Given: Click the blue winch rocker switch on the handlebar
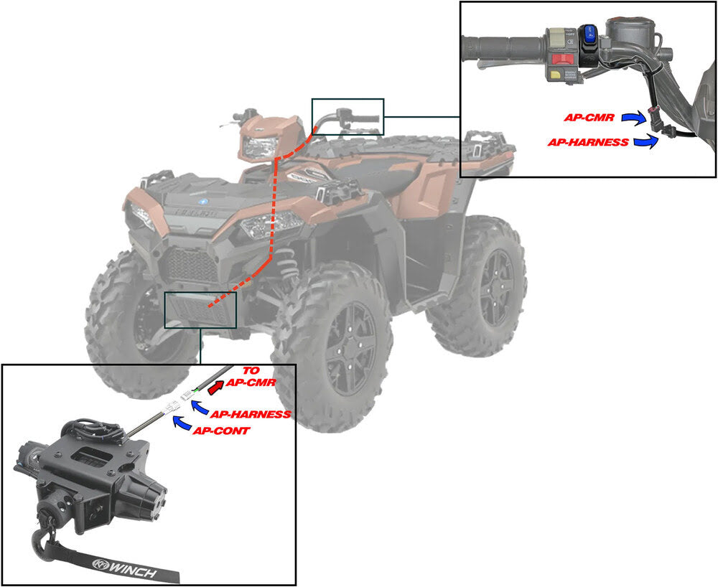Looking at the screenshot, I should click(588, 32).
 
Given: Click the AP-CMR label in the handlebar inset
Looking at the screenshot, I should click(588, 117).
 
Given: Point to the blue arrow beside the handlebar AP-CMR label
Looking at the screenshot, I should click(634, 116).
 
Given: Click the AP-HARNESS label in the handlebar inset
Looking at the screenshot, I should click(588, 142).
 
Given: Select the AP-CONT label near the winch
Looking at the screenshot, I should click(221, 431).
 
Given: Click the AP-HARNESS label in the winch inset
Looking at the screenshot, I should click(250, 415).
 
